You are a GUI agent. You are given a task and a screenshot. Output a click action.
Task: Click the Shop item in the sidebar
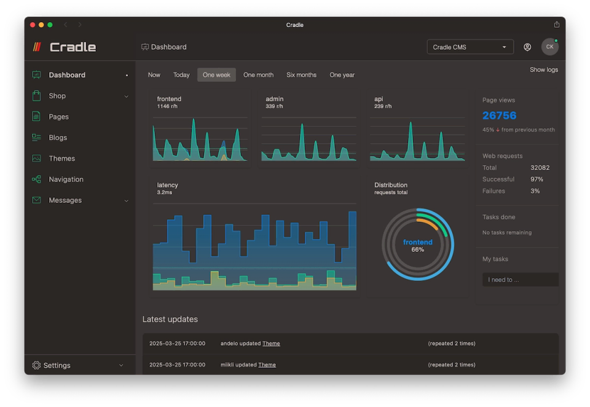pyautogui.click(x=57, y=96)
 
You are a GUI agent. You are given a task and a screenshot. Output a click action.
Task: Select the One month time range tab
pyautogui.click(x=258, y=75)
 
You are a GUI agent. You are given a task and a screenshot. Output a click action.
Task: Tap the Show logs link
pyautogui.click(x=543, y=69)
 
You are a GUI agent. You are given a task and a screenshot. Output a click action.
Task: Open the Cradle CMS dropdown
pyautogui.click(x=470, y=47)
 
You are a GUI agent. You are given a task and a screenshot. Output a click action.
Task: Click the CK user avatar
pyautogui.click(x=549, y=47)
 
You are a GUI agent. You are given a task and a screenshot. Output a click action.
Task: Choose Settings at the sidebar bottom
pyautogui.click(x=57, y=365)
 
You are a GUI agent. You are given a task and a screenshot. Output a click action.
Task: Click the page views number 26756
pyautogui.click(x=499, y=116)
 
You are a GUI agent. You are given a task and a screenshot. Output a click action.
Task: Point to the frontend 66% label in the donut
pyautogui.click(x=417, y=245)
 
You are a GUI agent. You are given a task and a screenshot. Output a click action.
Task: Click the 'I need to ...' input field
pyautogui.click(x=520, y=280)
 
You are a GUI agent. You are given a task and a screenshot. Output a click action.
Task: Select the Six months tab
pyautogui.click(x=301, y=75)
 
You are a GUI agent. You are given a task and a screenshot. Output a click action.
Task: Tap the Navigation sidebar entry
pyautogui.click(x=66, y=180)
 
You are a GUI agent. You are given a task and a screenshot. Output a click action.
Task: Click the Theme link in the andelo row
pyautogui.click(x=271, y=344)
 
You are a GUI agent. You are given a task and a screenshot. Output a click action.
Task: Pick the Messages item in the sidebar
pyautogui.click(x=65, y=200)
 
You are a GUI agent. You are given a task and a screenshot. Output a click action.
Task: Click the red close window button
pyautogui.click(x=33, y=25)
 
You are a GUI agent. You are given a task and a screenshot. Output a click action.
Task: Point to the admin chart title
pyautogui.click(x=274, y=99)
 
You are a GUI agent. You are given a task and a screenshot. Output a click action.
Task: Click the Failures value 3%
pyautogui.click(x=535, y=191)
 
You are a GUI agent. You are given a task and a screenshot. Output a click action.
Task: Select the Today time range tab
pyautogui.click(x=181, y=75)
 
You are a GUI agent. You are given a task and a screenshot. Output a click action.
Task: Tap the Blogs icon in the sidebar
pyautogui.click(x=36, y=138)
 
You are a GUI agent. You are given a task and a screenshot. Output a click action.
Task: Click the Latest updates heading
pyautogui.click(x=170, y=319)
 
